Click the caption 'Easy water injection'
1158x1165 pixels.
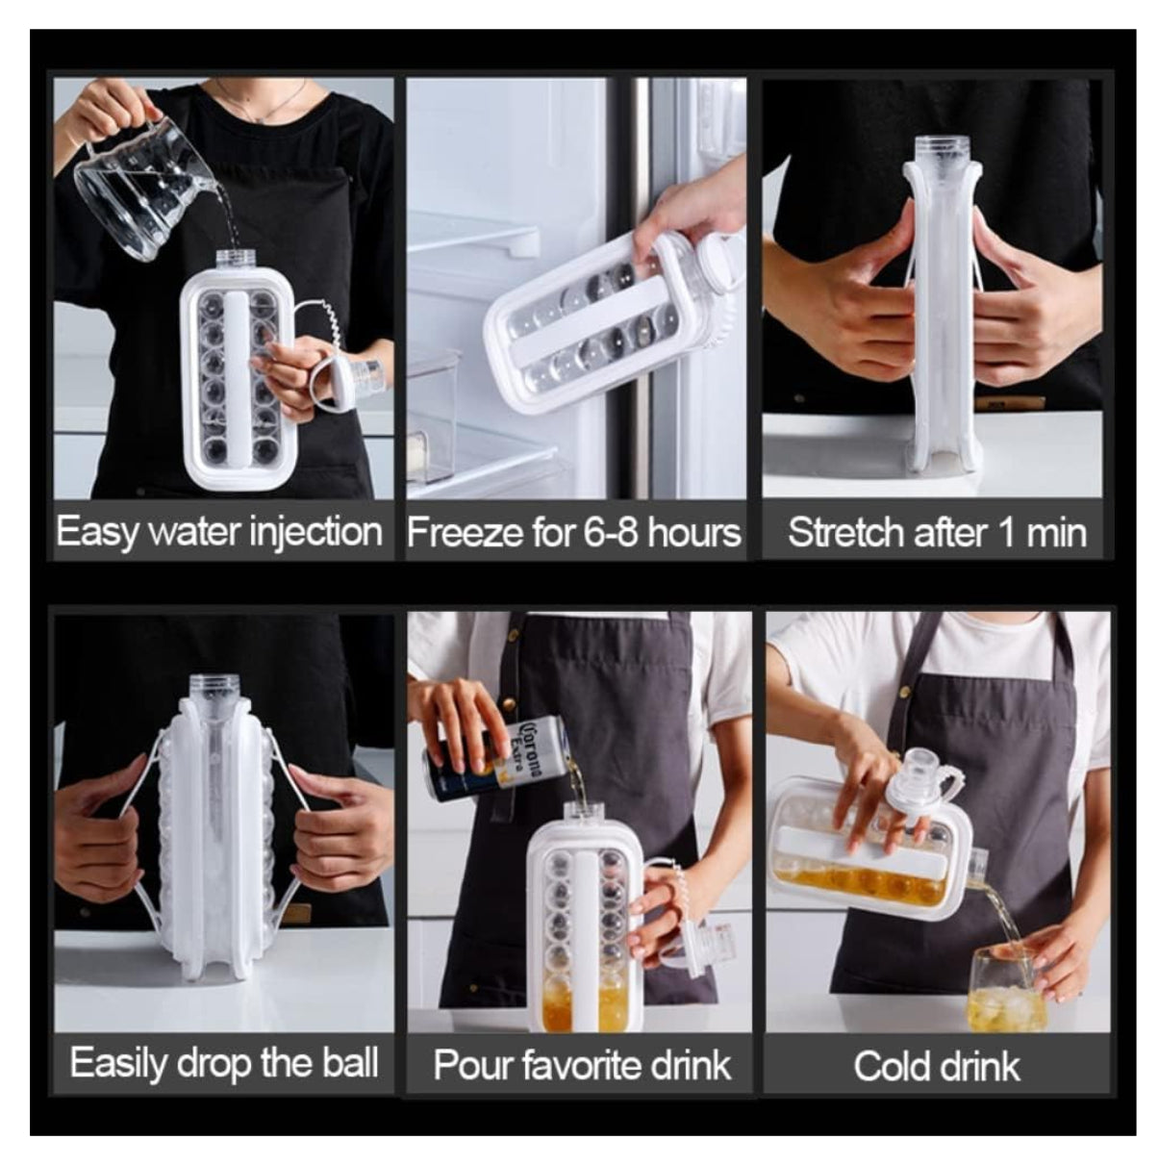tap(219, 533)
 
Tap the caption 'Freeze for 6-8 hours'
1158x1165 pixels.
tap(573, 533)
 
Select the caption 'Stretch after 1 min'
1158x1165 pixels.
tap(937, 533)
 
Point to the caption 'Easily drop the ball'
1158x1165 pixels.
tap(224, 1063)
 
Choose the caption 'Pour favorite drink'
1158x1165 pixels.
tap(582, 1065)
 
